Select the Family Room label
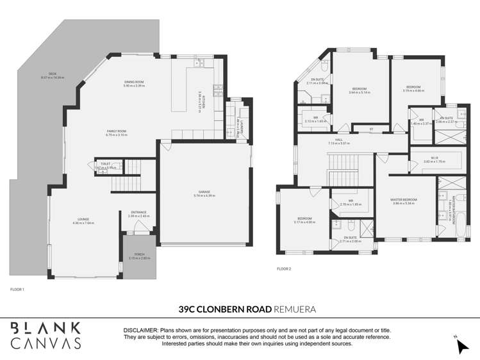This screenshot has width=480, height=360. (117, 133)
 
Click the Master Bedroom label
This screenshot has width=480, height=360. (404, 201)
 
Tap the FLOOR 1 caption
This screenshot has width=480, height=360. (17, 290)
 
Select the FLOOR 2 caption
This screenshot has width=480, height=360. (284, 268)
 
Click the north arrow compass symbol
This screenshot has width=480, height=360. (460, 347)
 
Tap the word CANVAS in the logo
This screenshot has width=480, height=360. (46, 343)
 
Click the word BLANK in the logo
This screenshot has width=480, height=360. (46, 327)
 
